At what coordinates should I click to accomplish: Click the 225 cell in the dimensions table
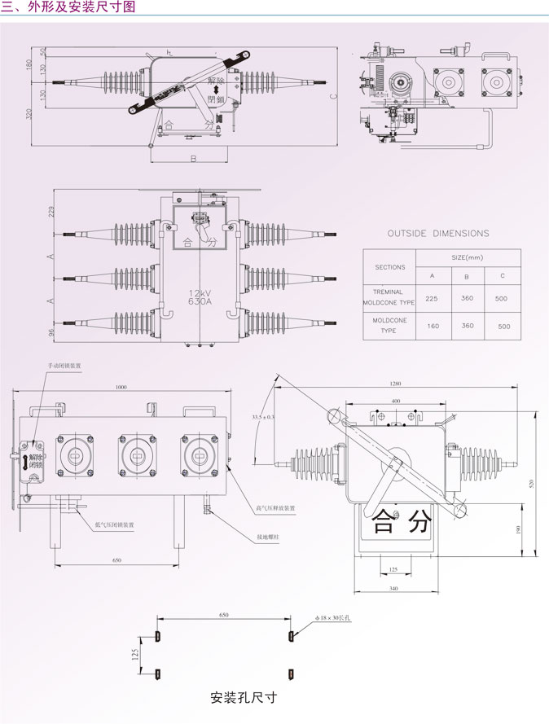pos(431,299)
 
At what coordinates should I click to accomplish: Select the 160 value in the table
pos(431,326)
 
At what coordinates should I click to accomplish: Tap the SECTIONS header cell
pos(389,267)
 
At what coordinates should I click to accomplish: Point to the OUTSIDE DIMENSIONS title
pos(438,233)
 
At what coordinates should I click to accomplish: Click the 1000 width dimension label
pos(122,387)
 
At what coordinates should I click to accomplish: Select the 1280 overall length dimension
pos(396,384)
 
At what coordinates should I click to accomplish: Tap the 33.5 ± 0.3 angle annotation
pos(263,417)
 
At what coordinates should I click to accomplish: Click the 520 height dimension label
pos(531,484)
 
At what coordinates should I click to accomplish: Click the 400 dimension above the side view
pos(395,402)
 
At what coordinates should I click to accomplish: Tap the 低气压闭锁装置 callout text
pos(114,524)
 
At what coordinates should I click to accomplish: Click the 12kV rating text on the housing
pos(200,292)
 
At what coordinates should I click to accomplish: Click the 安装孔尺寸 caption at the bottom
pos(244,697)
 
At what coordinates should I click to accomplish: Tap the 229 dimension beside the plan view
pos(51,213)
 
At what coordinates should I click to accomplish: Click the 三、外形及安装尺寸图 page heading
pos(69,7)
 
